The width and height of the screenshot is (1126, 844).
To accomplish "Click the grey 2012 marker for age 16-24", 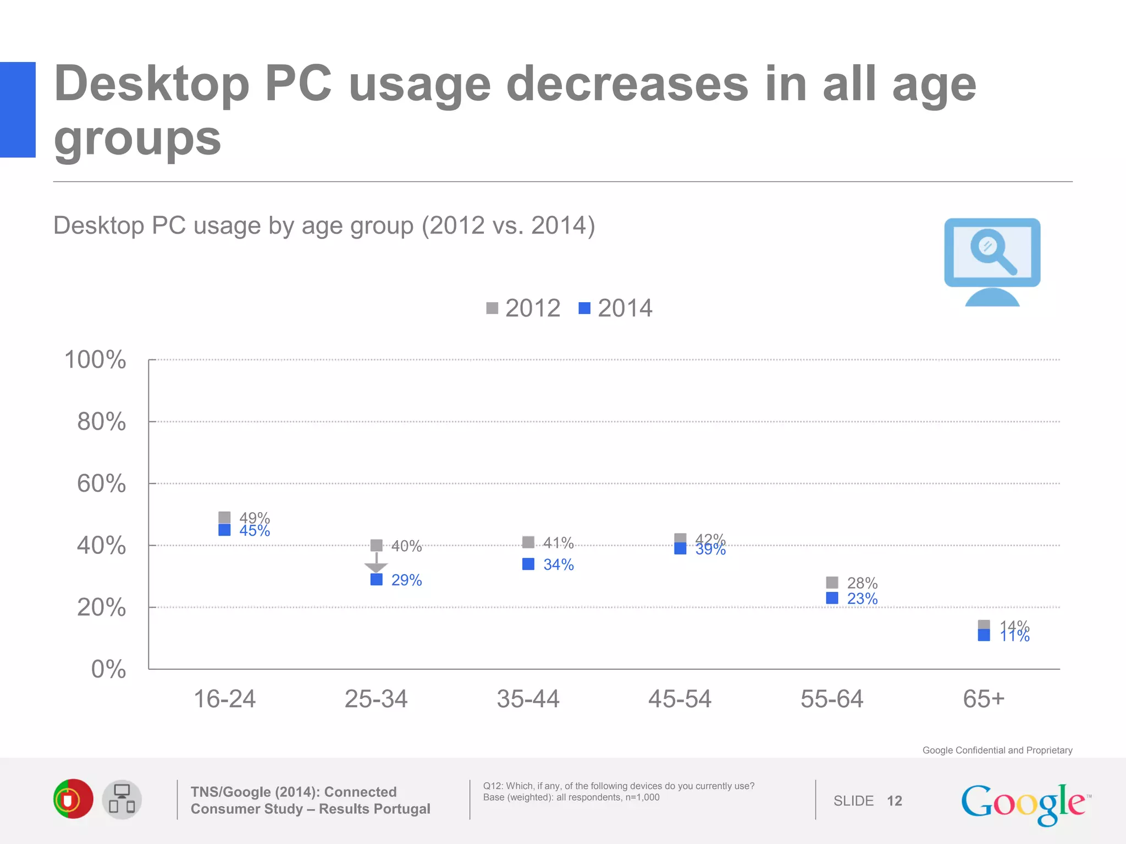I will [224, 517].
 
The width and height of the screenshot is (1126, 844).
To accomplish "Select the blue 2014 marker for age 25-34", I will [377, 579].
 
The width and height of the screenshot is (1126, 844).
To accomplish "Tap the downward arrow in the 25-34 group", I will [376, 564].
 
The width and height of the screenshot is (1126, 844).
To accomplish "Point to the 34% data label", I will [558, 564].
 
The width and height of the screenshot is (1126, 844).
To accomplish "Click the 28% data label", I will [862, 582].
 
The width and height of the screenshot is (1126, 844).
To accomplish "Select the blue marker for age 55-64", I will [832, 598].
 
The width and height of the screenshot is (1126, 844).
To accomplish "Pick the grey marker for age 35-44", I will [528, 542].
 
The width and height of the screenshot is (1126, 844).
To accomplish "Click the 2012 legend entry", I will [523, 308].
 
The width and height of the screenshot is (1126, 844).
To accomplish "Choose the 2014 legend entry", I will [616, 308].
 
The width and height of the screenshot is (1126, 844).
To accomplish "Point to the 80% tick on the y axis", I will [101, 421].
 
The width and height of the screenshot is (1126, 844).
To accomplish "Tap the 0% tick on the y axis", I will [108, 669].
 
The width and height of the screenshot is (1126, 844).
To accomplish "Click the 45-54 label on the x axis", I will [680, 699].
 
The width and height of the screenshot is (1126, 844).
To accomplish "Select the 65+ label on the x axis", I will [984, 699].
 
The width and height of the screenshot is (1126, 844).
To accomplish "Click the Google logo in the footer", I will [1024, 803].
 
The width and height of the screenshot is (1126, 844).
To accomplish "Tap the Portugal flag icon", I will [73, 799].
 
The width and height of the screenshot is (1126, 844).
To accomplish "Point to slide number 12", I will [894, 801].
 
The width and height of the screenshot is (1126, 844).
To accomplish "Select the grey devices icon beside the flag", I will [122, 799].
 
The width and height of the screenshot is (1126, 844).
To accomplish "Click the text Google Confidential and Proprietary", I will [997, 750].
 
